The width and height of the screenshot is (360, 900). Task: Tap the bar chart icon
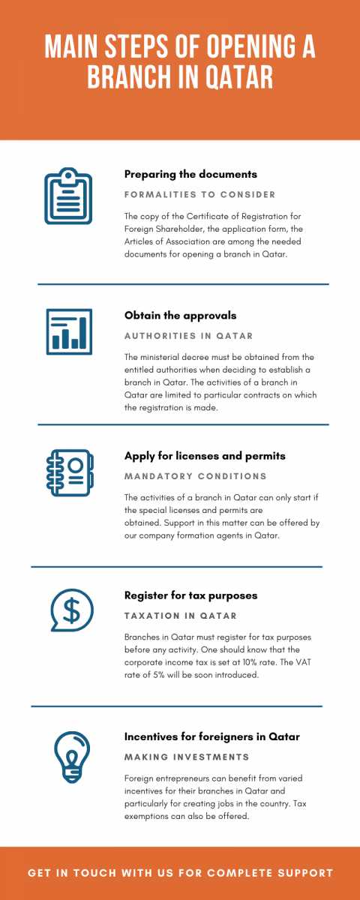pyautogui.click(x=68, y=331)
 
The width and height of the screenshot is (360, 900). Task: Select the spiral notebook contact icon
pyautogui.click(x=68, y=472)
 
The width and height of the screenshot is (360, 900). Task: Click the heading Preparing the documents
pyautogui.click(x=190, y=174)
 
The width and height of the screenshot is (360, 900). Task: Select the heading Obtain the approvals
pyautogui.click(x=180, y=315)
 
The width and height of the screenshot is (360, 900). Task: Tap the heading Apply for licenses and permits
pyautogui.click(x=205, y=455)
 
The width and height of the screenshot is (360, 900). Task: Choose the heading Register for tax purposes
pyautogui.click(x=190, y=595)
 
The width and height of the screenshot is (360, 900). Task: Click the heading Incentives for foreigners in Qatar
pyautogui.click(x=212, y=736)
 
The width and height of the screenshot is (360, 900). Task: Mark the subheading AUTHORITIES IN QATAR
pyautogui.click(x=188, y=335)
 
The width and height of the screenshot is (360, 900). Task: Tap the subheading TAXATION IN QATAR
pyautogui.click(x=180, y=616)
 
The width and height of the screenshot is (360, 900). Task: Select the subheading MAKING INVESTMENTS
pyautogui.click(x=187, y=757)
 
